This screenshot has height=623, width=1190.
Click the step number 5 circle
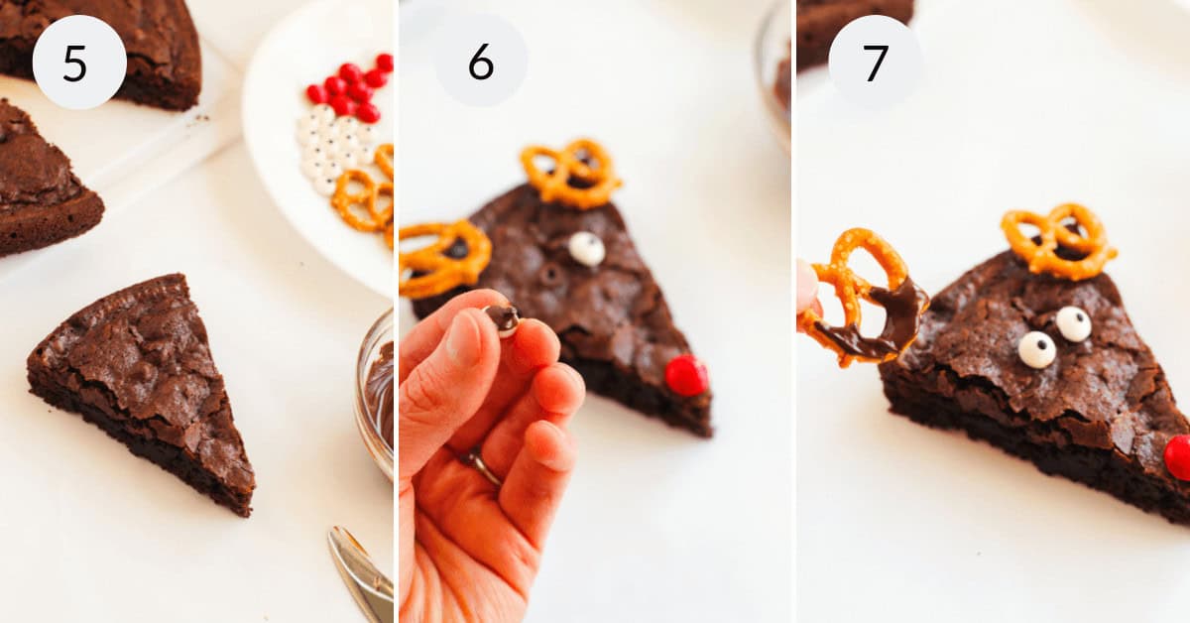(79, 62)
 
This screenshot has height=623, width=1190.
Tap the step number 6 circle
(481, 61)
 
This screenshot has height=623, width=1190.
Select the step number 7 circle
(875, 62)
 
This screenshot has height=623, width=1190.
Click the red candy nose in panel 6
(685, 376)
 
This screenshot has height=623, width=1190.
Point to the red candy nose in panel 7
(1178, 456)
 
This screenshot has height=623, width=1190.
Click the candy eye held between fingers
(504, 318)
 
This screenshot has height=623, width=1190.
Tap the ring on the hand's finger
(483, 468)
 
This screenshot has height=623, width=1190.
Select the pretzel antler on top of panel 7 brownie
(1056, 240)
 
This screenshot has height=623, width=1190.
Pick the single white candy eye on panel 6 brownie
(586, 248)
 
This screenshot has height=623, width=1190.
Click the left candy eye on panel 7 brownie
(1036, 349)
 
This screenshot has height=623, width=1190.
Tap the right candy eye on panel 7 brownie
(1073, 323)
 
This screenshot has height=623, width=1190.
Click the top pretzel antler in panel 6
(571, 173)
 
